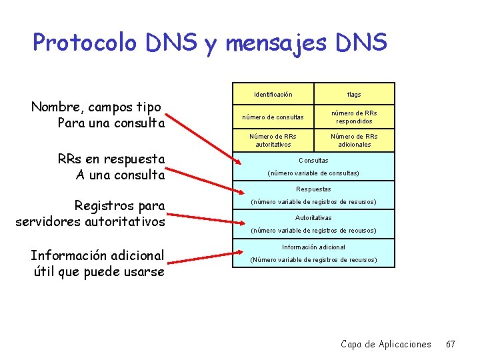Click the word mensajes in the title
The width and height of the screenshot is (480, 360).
(275, 43)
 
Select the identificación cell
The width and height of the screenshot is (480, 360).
(273, 94)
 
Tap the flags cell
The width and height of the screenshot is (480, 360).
(354, 94)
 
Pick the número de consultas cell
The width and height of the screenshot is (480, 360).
(273, 117)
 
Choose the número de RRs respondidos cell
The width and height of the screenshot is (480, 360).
(354, 117)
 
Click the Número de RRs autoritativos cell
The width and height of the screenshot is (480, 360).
(273, 140)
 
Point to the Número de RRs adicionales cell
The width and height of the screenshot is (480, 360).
(354, 140)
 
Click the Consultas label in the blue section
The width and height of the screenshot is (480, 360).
(313, 161)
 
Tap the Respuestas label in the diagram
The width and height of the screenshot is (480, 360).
(313, 189)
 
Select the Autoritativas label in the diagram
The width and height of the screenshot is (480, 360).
(313, 218)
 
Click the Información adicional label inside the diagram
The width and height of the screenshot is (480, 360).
(313, 247)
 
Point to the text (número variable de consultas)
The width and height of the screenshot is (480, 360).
(313, 173)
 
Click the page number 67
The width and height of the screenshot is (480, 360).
(451, 344)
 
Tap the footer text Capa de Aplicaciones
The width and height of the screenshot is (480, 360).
(386, 344)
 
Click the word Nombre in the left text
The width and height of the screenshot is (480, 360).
(56, 107)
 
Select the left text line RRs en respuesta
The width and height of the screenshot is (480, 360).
(111, 159)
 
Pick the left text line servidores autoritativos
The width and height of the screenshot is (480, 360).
(90, 221)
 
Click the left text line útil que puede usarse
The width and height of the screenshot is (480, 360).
(99, 271)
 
